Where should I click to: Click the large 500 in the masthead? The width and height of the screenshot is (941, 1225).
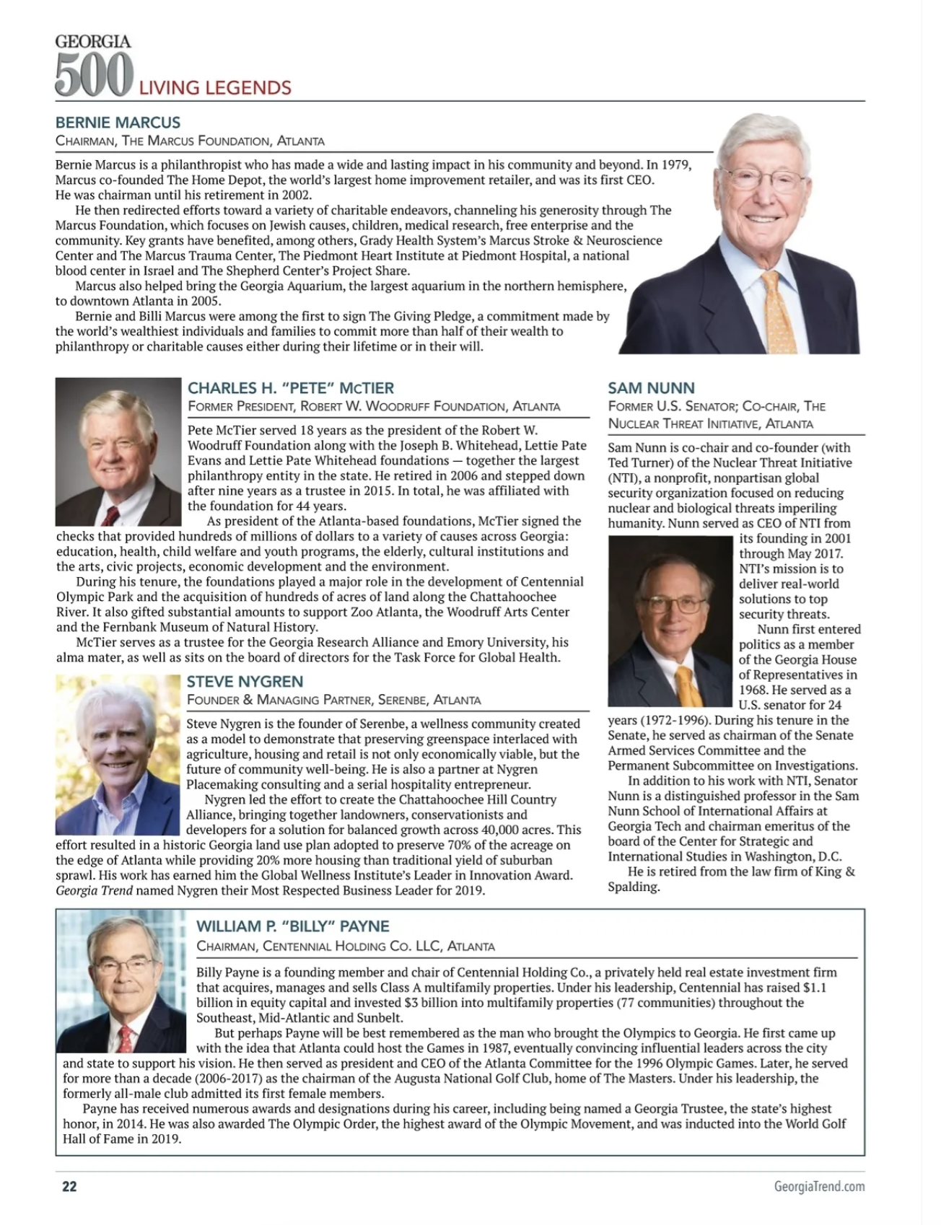pos(94,74)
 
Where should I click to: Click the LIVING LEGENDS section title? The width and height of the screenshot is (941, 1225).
pos(215,88)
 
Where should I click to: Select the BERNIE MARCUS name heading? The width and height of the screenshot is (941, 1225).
pos(118,123)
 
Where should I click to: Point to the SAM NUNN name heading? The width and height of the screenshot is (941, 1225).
pos(651,389)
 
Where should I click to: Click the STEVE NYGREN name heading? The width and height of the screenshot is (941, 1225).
pos(245,682)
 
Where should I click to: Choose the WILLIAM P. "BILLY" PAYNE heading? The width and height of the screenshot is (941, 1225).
pos(292,926)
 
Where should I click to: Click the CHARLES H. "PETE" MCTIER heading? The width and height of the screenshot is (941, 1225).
pos(291,388)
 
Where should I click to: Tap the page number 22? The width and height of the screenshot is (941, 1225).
pos(69,1187)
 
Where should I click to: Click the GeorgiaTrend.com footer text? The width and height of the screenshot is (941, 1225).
pos(819,1187)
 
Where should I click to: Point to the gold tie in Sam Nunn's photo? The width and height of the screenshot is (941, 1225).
pos(686,685)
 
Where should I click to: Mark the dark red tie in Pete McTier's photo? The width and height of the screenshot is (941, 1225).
pos(110,514)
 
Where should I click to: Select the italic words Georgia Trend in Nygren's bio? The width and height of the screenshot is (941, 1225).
pos(94,890)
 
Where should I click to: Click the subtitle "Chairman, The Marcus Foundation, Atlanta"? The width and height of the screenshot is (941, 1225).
pos(190,141)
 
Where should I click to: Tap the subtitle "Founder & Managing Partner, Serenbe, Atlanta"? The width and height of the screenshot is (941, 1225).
pos(333,700)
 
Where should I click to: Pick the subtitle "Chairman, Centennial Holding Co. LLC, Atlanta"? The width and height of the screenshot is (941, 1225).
pos(346,946)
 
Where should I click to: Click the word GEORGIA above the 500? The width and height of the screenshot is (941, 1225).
pos(93,41)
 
